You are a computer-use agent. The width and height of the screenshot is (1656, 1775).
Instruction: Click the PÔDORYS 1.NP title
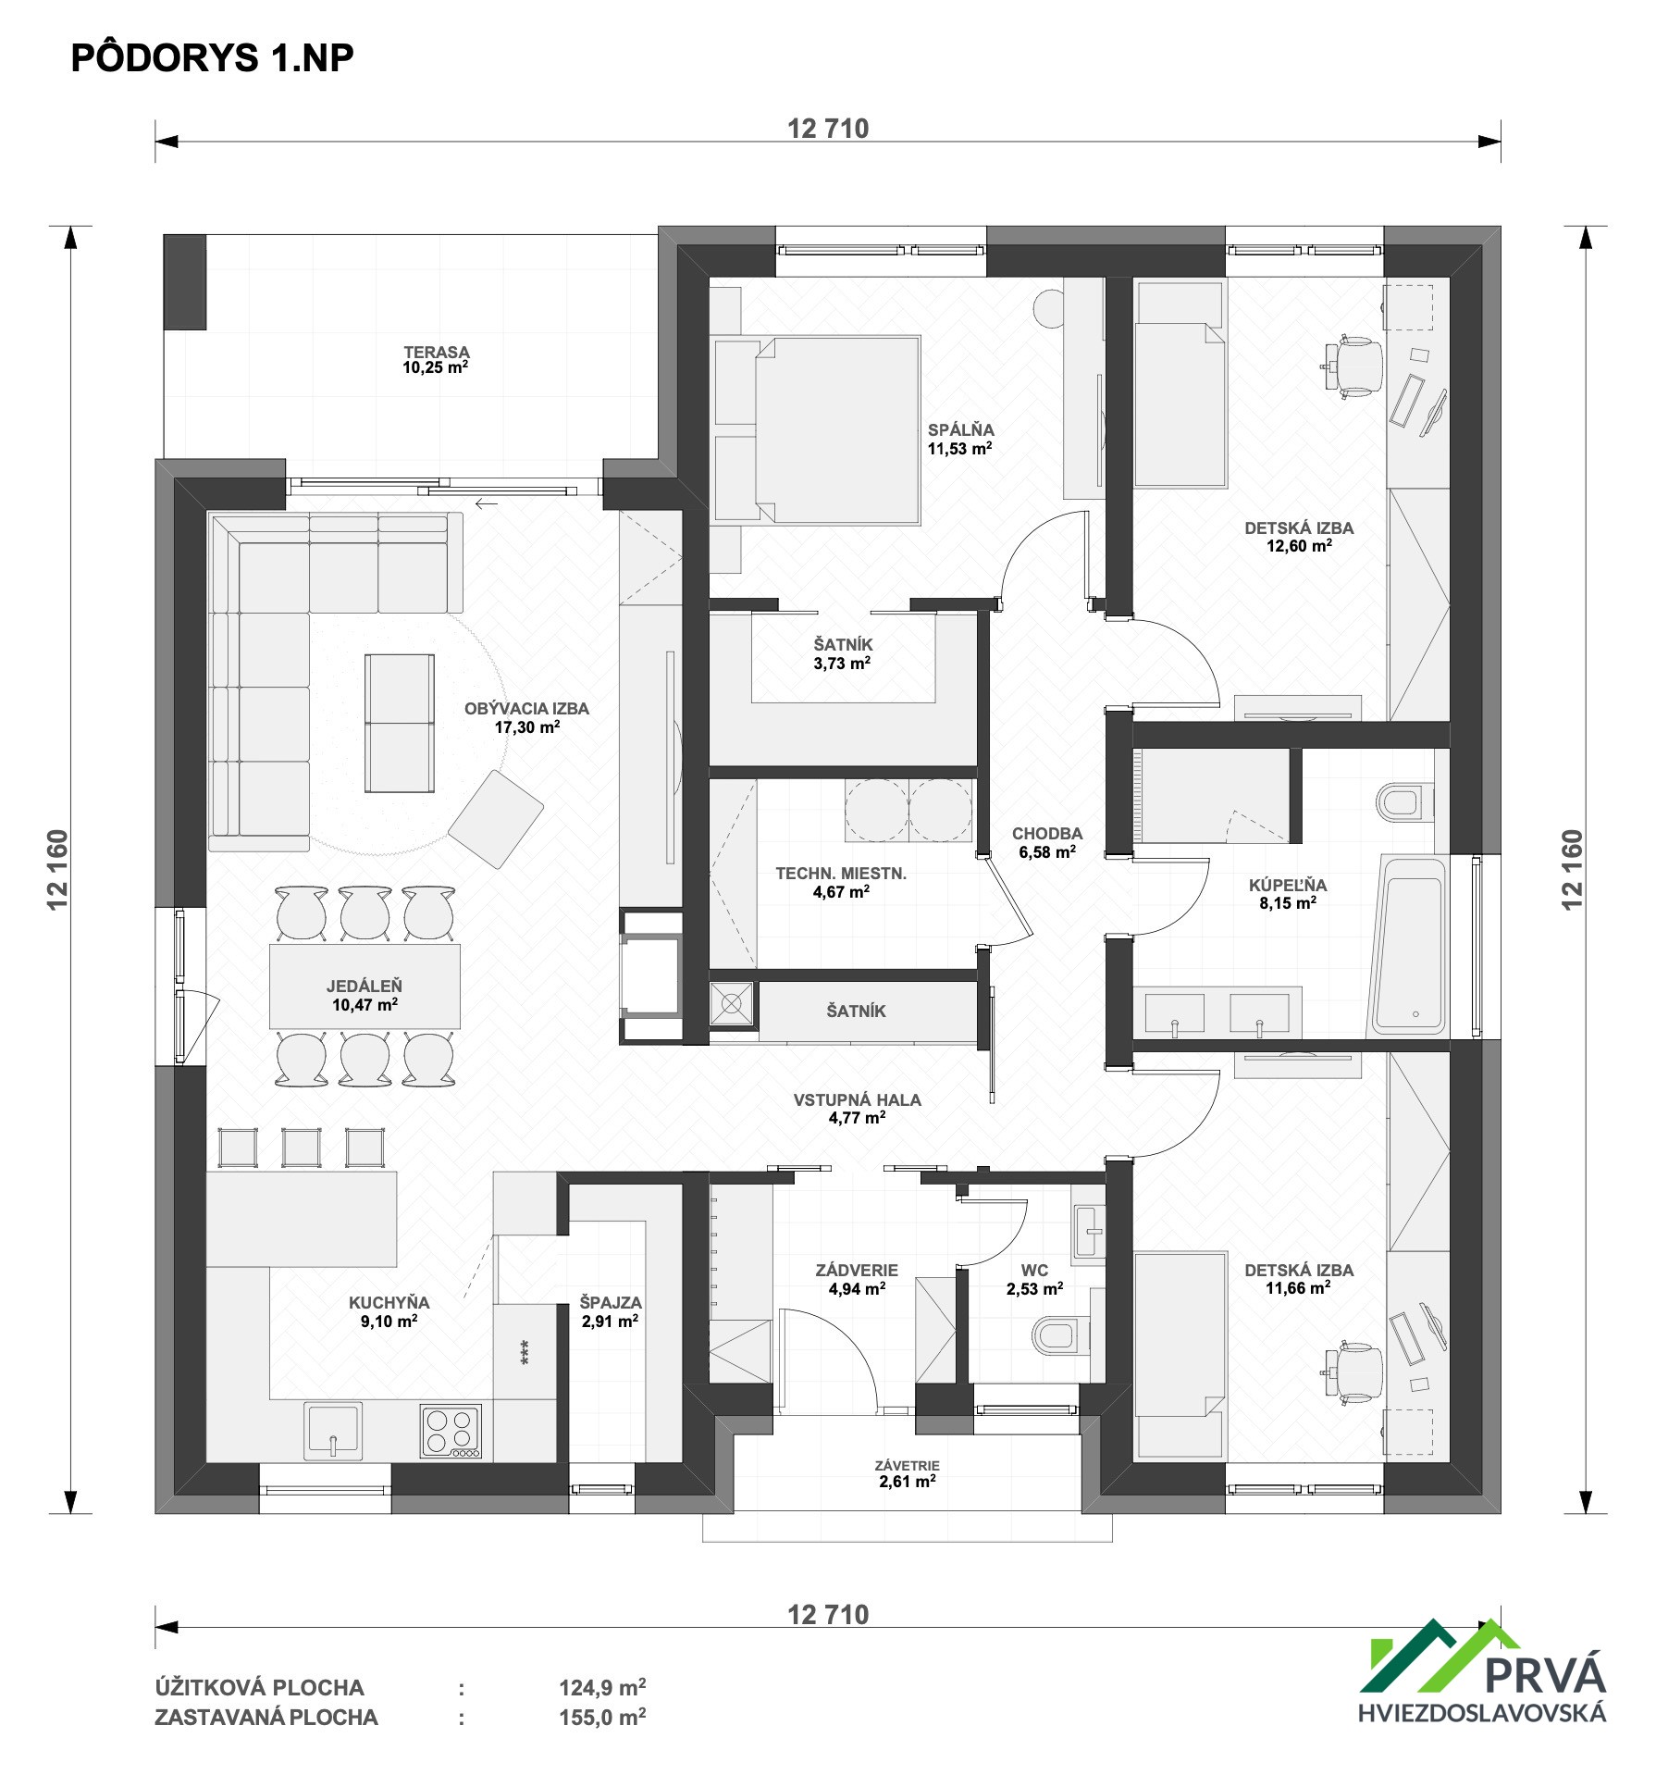[213, 57]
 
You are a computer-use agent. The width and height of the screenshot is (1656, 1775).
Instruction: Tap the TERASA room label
[437, 352]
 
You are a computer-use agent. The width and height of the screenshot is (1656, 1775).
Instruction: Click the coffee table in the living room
[399, 723]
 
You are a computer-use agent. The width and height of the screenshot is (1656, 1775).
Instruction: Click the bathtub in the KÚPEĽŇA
[1410, 945]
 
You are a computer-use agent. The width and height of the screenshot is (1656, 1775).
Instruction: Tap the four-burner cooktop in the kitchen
[451, 1432]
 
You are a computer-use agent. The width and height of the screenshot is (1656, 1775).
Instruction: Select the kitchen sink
[333, 1431]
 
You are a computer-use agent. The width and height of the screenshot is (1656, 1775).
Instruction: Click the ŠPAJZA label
[611, 1302]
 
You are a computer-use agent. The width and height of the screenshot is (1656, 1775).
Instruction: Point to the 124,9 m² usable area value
[602, 1687]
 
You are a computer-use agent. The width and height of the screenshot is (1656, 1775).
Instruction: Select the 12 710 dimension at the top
[828, 129]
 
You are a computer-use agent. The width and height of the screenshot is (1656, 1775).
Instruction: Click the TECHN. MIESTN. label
[841, 873]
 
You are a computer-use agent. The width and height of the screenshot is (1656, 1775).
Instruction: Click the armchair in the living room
[496, 819]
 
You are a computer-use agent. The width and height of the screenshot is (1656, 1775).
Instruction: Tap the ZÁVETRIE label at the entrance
[908, 1465]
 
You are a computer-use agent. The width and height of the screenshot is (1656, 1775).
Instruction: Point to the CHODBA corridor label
[1047, 833]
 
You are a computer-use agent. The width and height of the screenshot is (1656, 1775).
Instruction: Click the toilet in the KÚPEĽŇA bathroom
[1404, 802]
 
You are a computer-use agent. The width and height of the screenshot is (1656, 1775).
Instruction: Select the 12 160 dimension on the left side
[58, 869]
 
